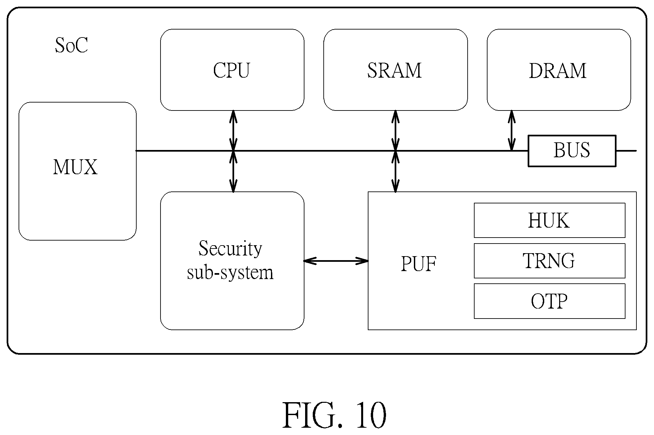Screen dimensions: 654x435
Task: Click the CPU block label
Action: pos(231,70)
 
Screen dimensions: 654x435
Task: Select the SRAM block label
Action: pos(394,70)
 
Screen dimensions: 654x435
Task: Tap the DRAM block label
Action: pos(558,70)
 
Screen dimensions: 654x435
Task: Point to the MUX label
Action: pos(75,167)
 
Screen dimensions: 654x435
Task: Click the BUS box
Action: pos(572,151)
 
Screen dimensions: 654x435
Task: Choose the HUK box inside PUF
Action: pos(550,220)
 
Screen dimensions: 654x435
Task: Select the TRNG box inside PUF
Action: pos(550,261)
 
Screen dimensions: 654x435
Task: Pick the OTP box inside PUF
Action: pos(550,301)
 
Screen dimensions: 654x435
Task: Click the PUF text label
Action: pos(419,264)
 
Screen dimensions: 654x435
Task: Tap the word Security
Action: pos(230,249)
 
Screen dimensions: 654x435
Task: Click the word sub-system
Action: pos(230,273)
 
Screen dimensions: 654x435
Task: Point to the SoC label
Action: pos(71,45)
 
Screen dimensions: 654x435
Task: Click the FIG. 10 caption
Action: pos(334,415)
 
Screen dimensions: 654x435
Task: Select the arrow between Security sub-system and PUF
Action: pos(336,261)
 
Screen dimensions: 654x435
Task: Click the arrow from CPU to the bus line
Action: pos(233,130)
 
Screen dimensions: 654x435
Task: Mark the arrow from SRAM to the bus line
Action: pos(395,130)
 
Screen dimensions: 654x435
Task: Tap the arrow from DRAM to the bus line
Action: pos(512,130)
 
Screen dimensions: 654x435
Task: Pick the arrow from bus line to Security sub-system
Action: pos(233,172)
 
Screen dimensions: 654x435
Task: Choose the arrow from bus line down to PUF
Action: pos(395,172)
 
